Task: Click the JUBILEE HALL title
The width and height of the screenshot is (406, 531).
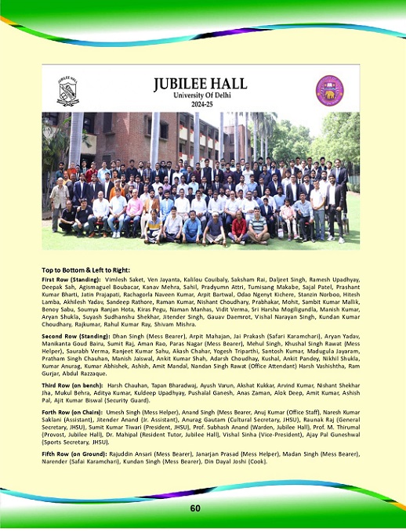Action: coord(203,83)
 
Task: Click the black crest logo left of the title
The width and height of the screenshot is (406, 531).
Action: coord(68,90)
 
